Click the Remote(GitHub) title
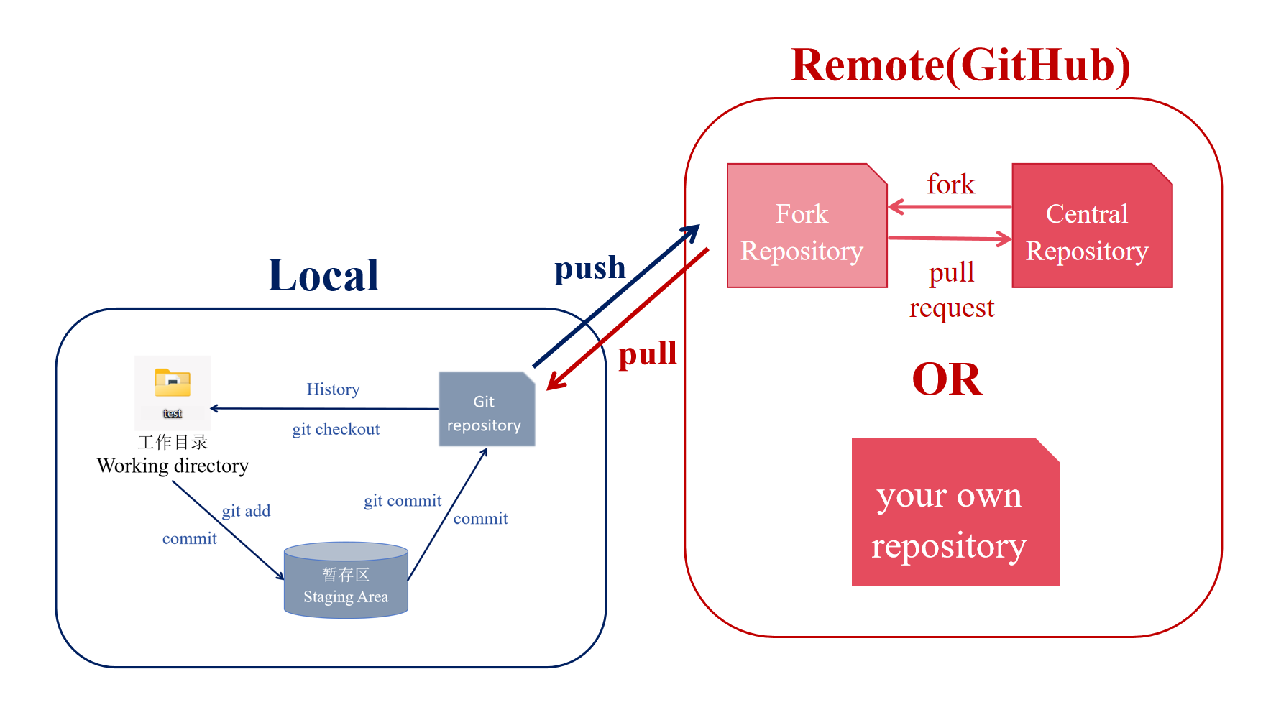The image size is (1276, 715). tap(960, 65)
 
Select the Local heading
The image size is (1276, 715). tap(323, 275)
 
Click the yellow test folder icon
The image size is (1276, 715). tap(173, 384)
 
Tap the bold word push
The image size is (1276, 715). tap(589, 268)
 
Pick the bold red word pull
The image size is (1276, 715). tap(647, 354)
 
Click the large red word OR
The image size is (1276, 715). tap(947, 379)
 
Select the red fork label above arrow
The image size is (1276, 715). tap(950, 185)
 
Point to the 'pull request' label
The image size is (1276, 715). tap(951, 290)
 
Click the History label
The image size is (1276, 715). tap(333, 389)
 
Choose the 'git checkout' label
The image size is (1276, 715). tap(336, 429)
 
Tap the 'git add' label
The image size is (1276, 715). tap(246, 511)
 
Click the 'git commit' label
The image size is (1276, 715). tap(403, 501)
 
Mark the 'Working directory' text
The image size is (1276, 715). tap(173, 466)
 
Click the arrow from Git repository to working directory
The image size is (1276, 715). tap(323, 409)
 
